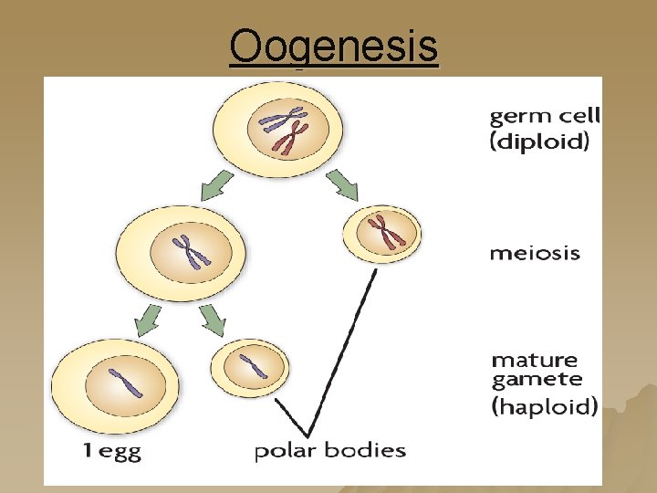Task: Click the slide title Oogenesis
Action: point(334,47)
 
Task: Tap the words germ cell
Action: point(545,117)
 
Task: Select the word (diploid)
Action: point(539,142)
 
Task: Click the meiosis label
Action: point(534,253)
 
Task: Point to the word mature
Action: point(535,361)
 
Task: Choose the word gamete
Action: point(537,380)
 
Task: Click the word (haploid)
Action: point(545,405)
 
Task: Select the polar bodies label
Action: point(329,450)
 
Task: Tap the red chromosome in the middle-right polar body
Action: point(386,231)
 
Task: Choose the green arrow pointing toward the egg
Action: point(145,320)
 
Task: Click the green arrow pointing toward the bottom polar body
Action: point(213,319)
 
